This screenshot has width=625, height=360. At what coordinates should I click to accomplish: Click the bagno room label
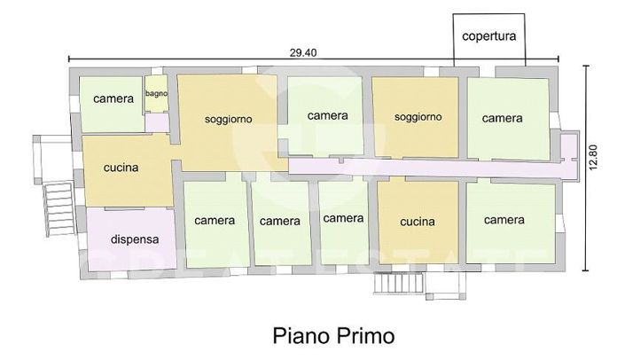pyautogui.click(x=157, y=93)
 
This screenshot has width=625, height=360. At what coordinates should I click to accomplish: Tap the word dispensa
pyautogui.click(x=135, y=239)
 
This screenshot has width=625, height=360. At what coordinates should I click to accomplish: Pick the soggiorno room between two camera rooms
pyautogui.click(x=418, y=116)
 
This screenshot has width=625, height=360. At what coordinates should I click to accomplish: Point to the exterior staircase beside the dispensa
pyautogui.click(x=59, y=207)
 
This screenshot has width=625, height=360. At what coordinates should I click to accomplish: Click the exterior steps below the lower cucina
pyautogui.click(x=398, y=284)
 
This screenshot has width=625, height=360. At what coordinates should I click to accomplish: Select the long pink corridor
pyautogui.click(x=426, y=165)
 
